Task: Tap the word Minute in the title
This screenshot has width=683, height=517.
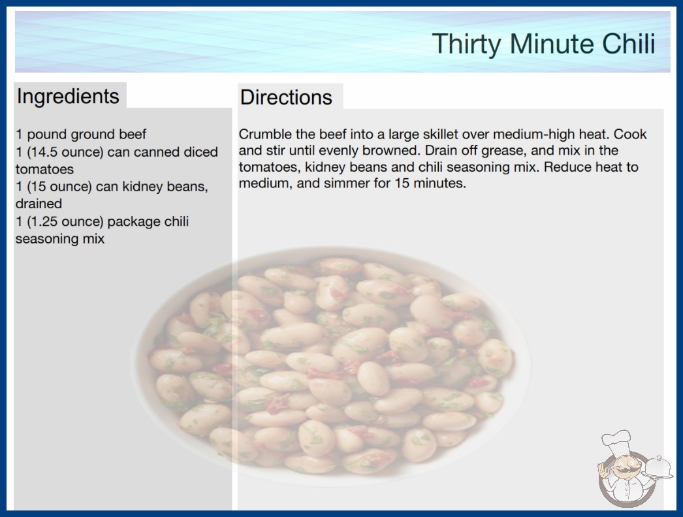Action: point(553,44)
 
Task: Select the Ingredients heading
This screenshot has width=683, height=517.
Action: point(68,97)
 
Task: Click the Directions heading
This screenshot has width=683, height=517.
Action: point(286,97)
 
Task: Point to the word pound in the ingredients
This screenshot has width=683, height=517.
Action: point(46,134)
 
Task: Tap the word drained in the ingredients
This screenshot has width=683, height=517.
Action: point(39,204)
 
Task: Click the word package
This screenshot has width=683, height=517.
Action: point(134,222)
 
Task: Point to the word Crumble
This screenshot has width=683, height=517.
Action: point(265,134)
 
